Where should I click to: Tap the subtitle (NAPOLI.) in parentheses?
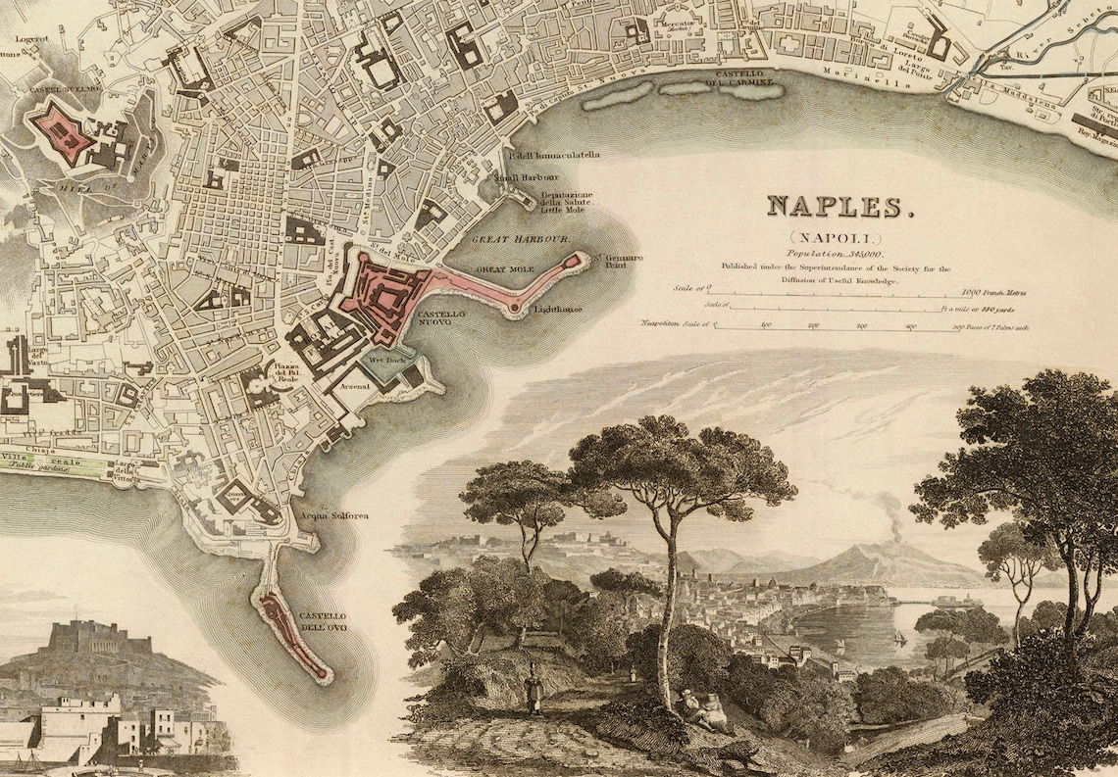pos(834,238)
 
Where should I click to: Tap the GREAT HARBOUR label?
pos(507,239)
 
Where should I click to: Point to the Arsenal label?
pos(355,386)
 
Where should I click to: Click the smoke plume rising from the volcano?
pos(890,514)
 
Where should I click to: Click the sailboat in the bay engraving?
pos(898,638)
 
